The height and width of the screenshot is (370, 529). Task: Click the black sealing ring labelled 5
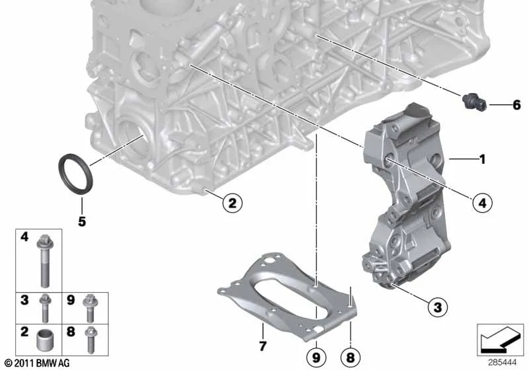click(x=60, y=168)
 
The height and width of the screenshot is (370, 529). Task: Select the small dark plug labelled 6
click(x=474, y=102)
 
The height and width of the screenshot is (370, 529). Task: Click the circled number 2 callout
click(x=233, y=203)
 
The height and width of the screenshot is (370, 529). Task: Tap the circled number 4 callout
click(x=483, y=203)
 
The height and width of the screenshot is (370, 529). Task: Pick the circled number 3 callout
click(x=437, y=307)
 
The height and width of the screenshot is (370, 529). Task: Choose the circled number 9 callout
click(x=316, y=357)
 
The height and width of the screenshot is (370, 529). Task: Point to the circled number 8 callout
click(x=350, y=357)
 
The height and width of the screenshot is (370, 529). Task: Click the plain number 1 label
click(x=483, y=159)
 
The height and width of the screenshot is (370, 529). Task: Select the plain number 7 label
click(x=263, y=346)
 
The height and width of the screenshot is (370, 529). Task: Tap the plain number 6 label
click(x=516, y=105)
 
